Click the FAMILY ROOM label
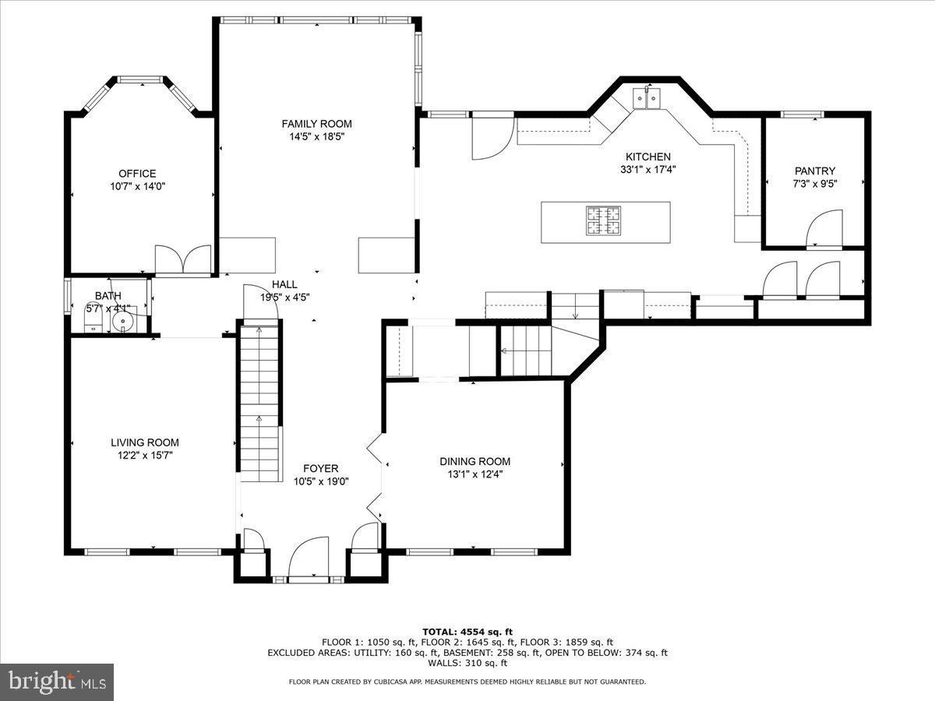316,123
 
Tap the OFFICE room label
137,173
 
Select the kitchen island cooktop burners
604,220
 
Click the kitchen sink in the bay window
647,98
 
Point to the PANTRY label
815,171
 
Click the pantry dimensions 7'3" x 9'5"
815,184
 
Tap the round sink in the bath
123,321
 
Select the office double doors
183,259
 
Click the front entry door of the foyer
309,558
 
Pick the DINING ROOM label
475,461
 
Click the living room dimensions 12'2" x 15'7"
145,456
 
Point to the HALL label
284,284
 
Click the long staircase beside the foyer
259,401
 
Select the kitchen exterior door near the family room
492,136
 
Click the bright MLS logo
57,682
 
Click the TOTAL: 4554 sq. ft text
467,632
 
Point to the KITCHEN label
646,157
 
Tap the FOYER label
320,468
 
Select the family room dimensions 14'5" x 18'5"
316,136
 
